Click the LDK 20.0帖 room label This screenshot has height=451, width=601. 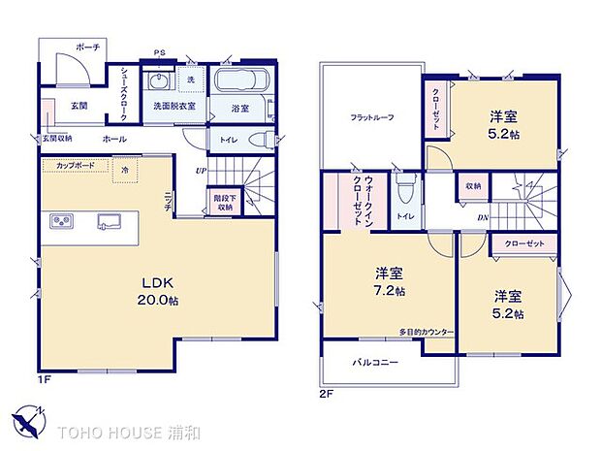click(158, 290)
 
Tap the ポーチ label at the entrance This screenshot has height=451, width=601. click(88, 47)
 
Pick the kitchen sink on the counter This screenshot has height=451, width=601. click(109, 222)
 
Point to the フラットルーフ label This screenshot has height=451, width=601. click(371, 118)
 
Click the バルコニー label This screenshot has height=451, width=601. click(374, 361)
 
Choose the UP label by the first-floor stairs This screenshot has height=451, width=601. click(201, 171)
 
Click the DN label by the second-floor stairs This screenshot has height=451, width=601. click(483, 217)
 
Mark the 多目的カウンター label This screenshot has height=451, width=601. click(427, 333)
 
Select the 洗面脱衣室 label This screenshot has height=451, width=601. click(174, 105)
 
